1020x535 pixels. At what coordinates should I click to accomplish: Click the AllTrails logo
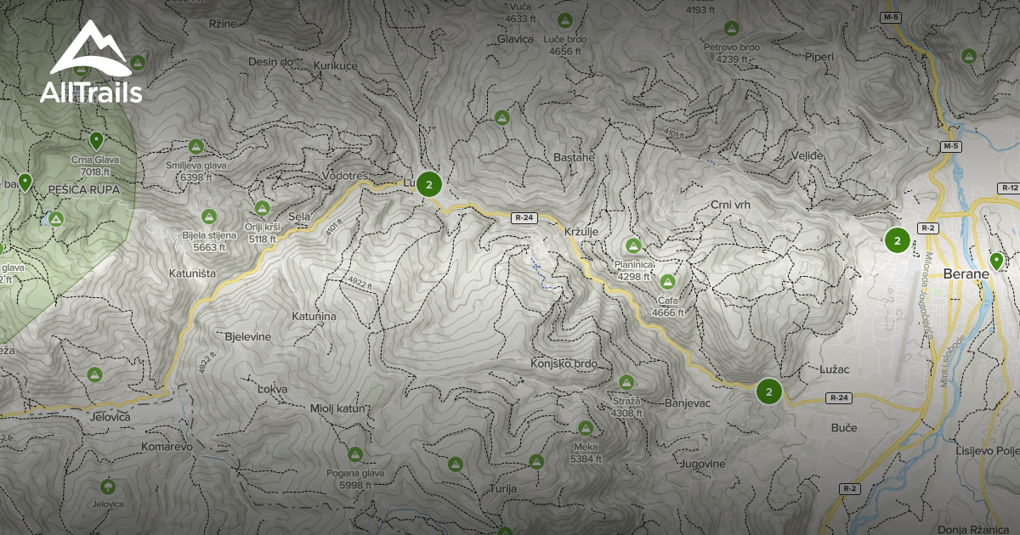[x=90, y=63]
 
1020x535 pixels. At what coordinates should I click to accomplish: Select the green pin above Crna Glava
[x=96, y=140]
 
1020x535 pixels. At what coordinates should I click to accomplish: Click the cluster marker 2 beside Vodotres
[x=429, y=184]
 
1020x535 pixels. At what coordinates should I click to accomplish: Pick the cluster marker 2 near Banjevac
[x=768, y=391]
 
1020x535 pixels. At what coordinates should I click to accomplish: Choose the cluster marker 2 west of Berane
[x=897, y=240]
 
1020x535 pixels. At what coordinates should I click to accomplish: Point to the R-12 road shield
[x=1009, y=188]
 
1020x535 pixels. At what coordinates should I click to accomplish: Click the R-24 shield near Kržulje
[x=524, y=218]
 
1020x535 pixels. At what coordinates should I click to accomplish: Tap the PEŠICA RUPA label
[x=84, y=189]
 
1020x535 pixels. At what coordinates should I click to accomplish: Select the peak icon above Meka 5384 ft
[x=585, y=427]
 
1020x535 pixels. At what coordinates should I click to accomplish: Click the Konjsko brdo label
[x=564, y=364]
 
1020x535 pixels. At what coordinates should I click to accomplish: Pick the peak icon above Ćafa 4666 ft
[x=667, y=281]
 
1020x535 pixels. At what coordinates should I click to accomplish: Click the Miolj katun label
[x=337, y=408]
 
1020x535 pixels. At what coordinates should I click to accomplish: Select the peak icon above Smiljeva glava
[x=196, y=146]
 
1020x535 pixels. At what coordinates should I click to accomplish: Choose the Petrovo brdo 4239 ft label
[x=731, y=53]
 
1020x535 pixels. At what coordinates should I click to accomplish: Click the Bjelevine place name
[x=247, y=336]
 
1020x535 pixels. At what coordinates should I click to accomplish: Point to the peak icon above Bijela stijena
[x=208, y=217]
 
